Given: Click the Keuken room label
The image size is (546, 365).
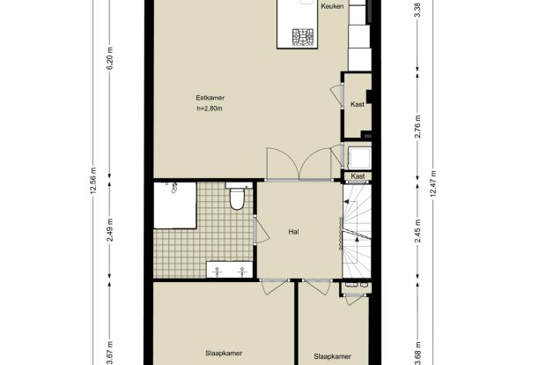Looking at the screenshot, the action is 332,6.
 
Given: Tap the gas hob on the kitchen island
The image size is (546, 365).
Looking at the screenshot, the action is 303,37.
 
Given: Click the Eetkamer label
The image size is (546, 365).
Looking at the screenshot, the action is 210,98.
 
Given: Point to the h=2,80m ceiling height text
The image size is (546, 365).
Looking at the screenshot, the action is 210,108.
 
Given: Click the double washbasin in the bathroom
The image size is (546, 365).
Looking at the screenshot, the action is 230,270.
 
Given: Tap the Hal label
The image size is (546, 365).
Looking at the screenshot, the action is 293,232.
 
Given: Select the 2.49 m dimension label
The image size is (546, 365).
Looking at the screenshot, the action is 110,230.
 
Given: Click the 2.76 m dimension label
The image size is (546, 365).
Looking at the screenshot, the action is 417,127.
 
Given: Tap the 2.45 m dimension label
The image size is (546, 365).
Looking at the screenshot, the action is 417,230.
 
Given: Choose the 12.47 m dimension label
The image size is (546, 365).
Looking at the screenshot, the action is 433,183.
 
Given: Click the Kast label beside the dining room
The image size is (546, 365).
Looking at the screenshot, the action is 358,104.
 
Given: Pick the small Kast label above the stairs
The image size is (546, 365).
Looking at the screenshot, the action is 358,176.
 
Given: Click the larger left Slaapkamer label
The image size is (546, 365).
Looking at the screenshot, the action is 224,354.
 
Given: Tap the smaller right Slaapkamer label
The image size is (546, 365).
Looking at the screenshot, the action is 332,356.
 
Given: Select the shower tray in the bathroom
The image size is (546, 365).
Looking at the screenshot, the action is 175,205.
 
